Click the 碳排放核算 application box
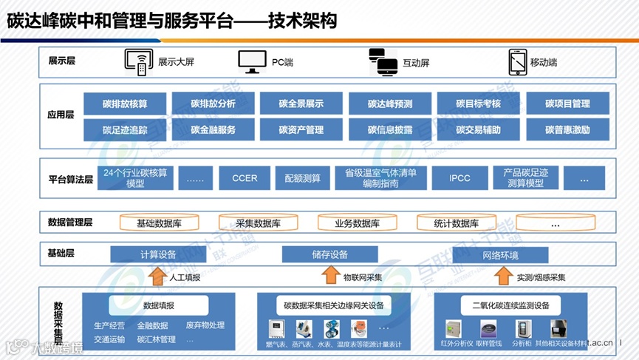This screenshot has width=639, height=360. pos(125,103)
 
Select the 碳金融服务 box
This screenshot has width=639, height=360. pos(213,129)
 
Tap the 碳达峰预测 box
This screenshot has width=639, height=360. pos(390,103)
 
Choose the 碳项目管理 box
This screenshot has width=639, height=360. pos(567,103)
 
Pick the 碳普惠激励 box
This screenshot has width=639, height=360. pos(567,129)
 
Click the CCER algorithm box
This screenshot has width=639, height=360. pos(245,178)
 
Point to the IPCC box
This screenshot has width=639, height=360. pos(459,178)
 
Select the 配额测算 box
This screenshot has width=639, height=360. pos(302,178)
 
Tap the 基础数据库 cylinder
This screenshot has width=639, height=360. pos(160,223)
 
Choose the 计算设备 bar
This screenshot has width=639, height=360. pos(158,255)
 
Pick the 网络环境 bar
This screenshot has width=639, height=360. pos(500,255)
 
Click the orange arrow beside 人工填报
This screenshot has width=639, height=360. pos(157,276)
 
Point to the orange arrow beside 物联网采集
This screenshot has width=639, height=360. pos(329,276)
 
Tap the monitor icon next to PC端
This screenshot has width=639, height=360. pos(252,62)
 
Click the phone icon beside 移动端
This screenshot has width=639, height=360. pos(517,62)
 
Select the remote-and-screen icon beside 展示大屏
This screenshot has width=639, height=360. pos(138,62)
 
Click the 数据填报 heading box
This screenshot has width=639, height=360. pos(159,305)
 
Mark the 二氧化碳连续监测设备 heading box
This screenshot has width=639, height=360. pos(510,305)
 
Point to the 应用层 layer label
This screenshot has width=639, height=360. pos(61,115)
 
